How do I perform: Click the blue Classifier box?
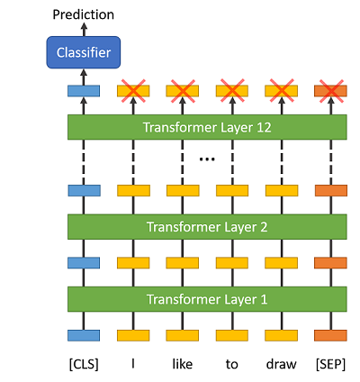pyautogui.click(x=84, y=52)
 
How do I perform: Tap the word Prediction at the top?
pyautogui.click(x=84, y=14)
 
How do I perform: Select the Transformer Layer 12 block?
pyautogui.click(x=207, y=127)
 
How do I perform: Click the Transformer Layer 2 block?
pyautogui.click(x=207, y=227)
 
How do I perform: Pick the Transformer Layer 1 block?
pyautogui.click(x=207, y=299)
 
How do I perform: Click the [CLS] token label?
pyautogui.click(x=84, y=364)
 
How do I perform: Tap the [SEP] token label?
pyautogui.click(x=330, y=364)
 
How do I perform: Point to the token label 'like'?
pyautogui.click(x=183, y=364)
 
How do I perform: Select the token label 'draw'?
pyautogui.click(x=282, y=364)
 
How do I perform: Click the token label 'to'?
pyautogui.click(x=232, y=364)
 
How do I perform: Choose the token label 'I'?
pyautogui.click(x=133, y=364)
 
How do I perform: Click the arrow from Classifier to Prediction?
pyautogui.click(x=84, y=30)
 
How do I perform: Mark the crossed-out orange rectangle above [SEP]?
pyautogui.click(x=331, y=91)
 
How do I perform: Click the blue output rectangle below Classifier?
pyautogui.click(x=84, y=91)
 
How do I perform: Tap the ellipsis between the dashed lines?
pyautogui.click(x=207, y=159)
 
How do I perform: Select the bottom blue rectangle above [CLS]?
pyautogui.click(x=84, y=335)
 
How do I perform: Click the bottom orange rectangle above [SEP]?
pyautogui.click(x=331, y=335)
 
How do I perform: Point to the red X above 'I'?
pyautogui.click(x=133, y=91)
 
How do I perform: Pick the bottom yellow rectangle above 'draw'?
pyautogui.click(x=282, y=335)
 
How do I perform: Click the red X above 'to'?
pyautogui.click(x=232, y=91)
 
